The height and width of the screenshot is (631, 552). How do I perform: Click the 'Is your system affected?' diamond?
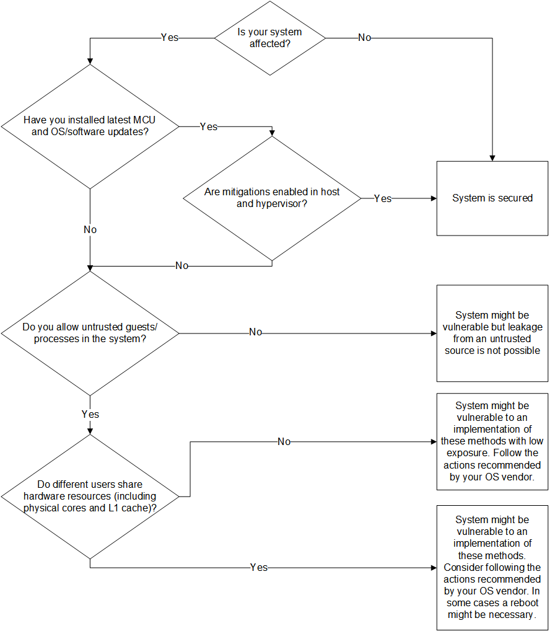click(269, 38)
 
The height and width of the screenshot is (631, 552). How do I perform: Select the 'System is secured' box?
click(492, 198)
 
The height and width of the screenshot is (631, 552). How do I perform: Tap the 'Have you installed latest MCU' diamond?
click(90, 126)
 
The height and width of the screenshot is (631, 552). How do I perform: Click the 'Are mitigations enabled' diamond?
click(272, 198)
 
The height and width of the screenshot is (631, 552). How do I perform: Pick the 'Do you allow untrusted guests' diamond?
click(90, 333)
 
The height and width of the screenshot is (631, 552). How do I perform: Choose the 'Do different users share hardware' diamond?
click(90, 496)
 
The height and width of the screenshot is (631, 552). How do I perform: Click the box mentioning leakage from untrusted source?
click(492, 333)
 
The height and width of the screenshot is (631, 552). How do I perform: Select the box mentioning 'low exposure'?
click(492, 441)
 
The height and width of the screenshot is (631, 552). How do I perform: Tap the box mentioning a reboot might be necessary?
click(492, 567)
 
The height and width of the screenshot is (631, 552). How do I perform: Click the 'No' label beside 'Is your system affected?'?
click(365, 38)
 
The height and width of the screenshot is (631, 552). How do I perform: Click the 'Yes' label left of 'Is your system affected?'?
click(170, 38)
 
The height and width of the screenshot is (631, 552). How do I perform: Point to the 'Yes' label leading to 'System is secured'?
click(383, 198)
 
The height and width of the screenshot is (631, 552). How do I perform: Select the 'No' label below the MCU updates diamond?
click(90, 229)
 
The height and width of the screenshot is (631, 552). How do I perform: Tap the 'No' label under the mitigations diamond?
click(182, 266)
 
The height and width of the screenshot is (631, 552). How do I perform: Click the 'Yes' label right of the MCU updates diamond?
click(209, 126)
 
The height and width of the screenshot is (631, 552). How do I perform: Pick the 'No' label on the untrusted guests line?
click(255, 333)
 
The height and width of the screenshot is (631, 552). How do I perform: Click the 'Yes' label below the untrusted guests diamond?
click(90, 414)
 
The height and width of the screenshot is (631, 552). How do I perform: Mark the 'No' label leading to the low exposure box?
click(284, 442)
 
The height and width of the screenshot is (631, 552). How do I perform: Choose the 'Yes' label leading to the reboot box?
click(258, 567)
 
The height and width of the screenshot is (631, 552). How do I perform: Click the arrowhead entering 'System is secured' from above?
click(492, 157)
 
